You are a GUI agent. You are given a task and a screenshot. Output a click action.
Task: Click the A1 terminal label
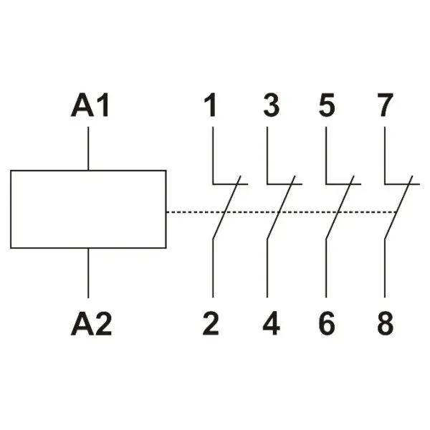pyautogui.click(x=90, y=105)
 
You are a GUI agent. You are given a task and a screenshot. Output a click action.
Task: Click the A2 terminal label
pyautogui.click(x=91, y=323)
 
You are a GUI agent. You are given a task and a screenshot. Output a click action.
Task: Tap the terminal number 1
pyautogui.click(x=210, y=105)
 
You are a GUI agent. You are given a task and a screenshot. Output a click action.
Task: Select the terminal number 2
pyautogui.click(x=211, y=323)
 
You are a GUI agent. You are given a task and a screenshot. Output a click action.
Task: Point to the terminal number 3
pyautogui.click(x=272, y=105)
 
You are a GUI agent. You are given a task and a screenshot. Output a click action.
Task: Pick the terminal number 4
pyautogui.click(x=272, y=323)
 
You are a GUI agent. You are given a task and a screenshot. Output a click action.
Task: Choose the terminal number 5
pyautogui.click(x=327, y=105)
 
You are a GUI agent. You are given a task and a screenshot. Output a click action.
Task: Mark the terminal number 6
pyautogui.click(x=327, y=323)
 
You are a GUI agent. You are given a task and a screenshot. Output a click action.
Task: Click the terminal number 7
pyautogui.click(x=386, y=105)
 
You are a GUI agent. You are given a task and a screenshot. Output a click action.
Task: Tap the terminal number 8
pyautogui.click(x=386, y=323)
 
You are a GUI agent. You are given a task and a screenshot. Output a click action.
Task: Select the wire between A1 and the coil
pyautogui.click(x=88, y=148)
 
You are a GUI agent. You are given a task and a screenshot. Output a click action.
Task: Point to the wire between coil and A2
pyautogui.click(x=88, y=273)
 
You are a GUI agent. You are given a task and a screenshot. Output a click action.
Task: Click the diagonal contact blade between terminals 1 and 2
pyautogui.click(x=226, y=207)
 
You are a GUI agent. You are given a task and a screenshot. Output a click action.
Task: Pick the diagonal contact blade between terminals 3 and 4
pyautogui.click(x=281, y=207)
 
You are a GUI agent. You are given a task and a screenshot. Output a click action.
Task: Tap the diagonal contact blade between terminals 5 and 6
pyautogui.click(x=340, y=207)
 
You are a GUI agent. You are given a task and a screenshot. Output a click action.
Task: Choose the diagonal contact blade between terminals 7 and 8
pyautogui.click(x=398, y=207)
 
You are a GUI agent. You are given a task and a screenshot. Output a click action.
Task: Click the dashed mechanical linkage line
pyautogui.click(x=282, y=212)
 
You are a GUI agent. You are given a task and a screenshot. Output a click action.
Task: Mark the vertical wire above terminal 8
pyautogui.click(x=385, y=269)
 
